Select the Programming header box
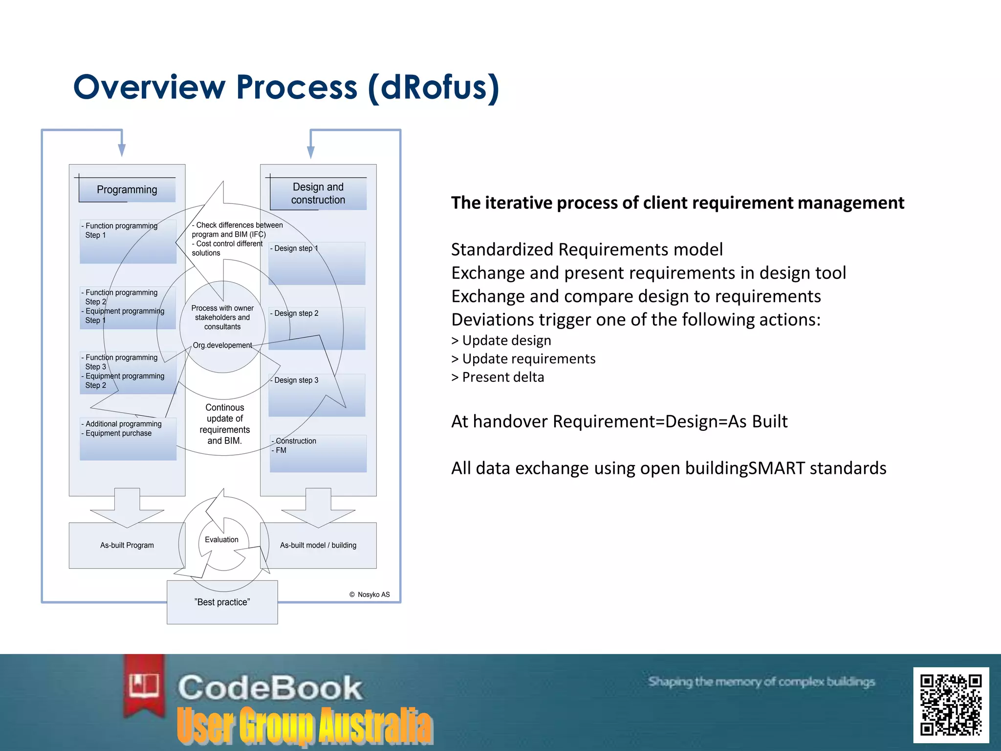127,190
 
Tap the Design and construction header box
318,194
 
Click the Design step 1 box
317,263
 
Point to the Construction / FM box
318,453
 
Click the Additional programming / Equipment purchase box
128,439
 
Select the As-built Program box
127,545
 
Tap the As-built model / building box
318,545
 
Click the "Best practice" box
222,602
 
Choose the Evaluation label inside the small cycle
221,540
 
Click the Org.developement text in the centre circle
222,345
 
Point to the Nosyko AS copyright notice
370,595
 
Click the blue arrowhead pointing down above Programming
122,150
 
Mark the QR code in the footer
951,705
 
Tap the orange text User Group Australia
305,726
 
